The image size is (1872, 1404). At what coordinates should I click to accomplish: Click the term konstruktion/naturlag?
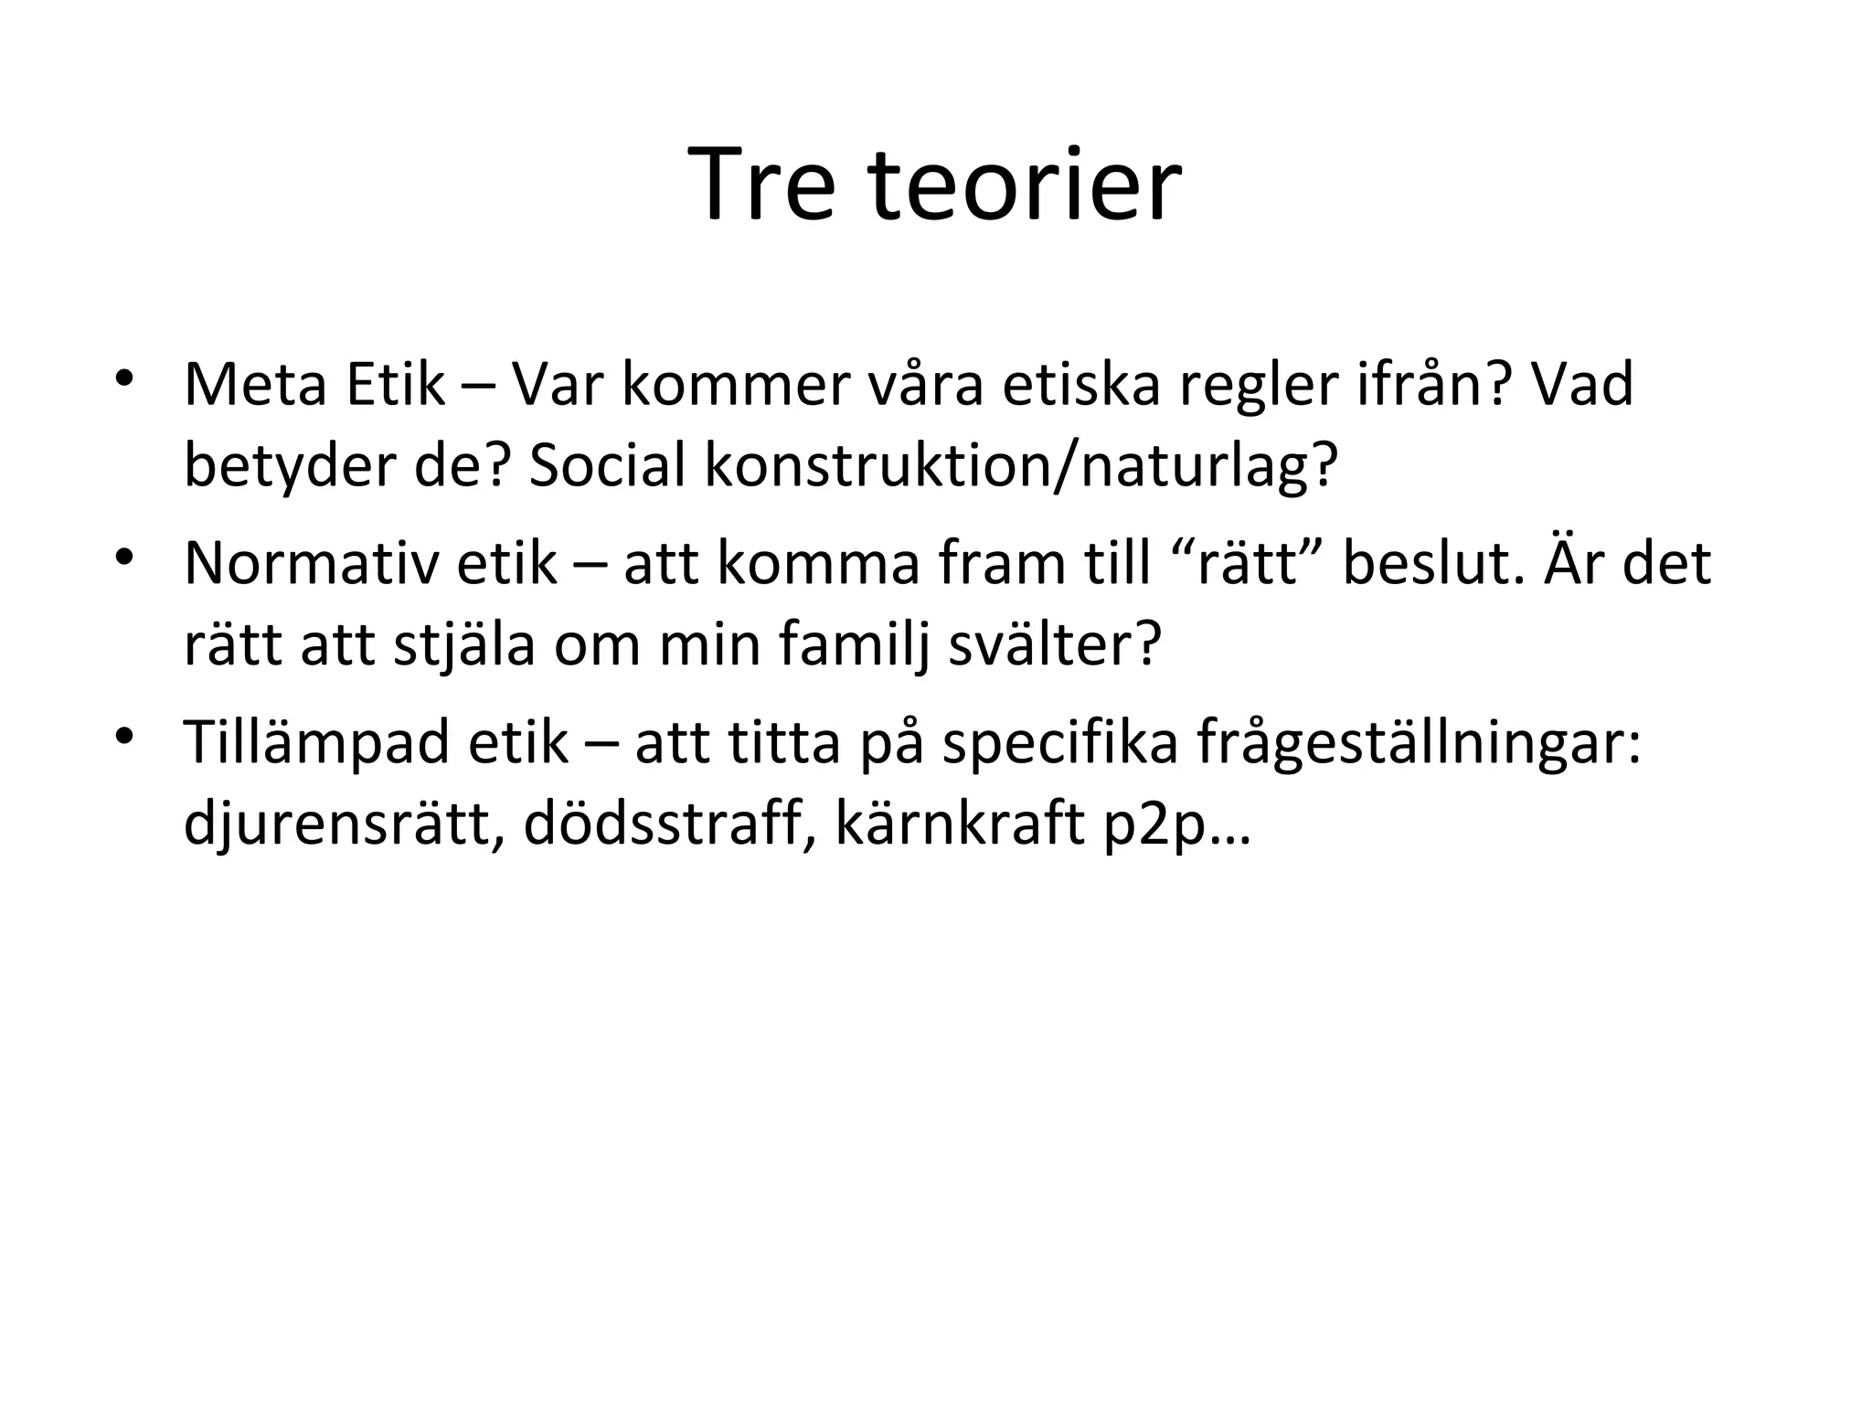point(1021,465)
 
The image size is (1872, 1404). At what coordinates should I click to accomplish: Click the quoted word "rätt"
point(1247,563)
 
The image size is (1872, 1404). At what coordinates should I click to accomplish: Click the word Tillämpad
point(317,741)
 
